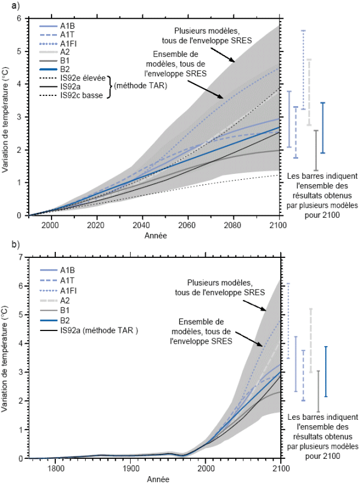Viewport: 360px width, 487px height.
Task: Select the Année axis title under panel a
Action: (x=155, y=235)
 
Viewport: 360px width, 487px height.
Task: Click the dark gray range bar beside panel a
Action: (x=316, y=149)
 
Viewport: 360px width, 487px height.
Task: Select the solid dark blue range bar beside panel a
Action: (x=323, y=128)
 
